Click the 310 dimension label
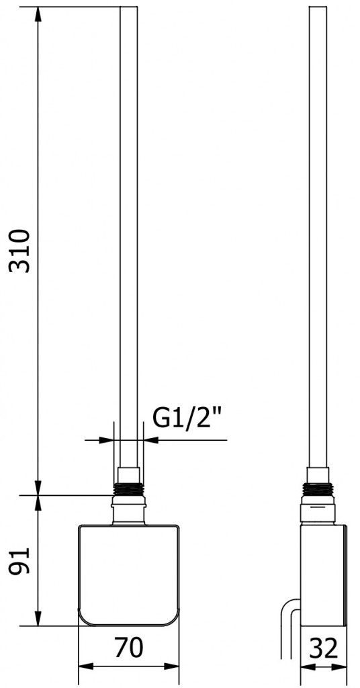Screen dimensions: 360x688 (x=21, y=251)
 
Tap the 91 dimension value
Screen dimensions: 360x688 (x=21, y=560)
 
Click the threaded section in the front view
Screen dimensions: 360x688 (x=129, y=490)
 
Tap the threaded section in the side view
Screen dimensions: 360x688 (x=318, y=490)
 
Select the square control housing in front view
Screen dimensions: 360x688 (x=129, y=575)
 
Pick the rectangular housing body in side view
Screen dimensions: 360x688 (x=324, y=575)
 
